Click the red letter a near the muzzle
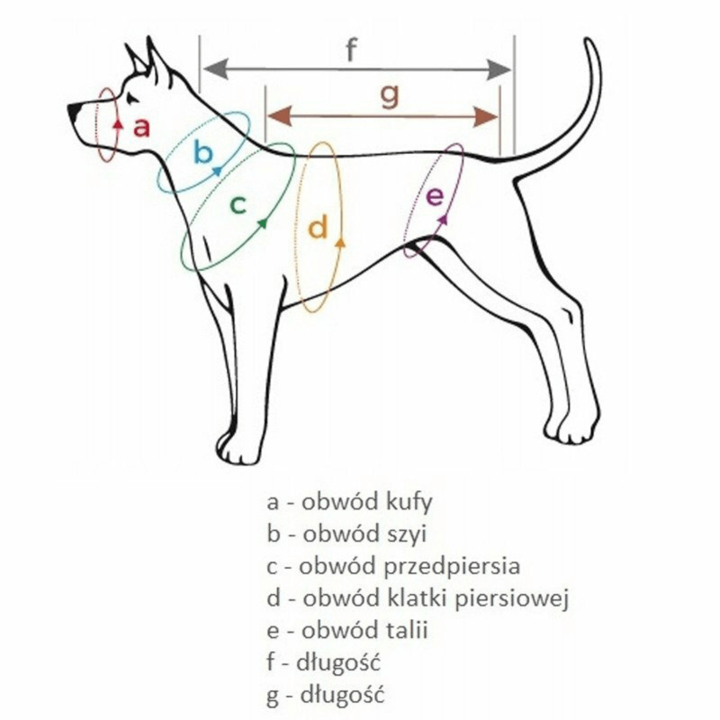click(x=142, y=128)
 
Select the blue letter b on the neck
click(x=204, y=152)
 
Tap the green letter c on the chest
click(x=238, y=205)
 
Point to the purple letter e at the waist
click(x=435, y=196)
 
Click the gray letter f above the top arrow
click(x=352, y=49)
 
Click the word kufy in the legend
click(x=409, y=502)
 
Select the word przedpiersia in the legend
click(x=453, y=566)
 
